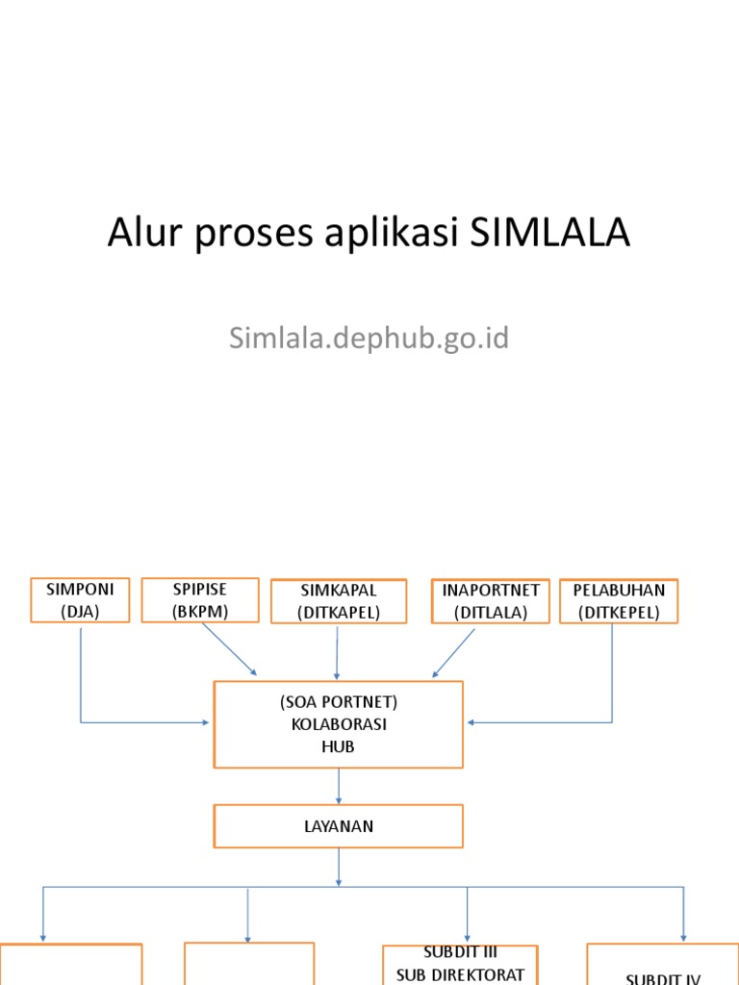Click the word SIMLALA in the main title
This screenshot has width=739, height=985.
point(550,234)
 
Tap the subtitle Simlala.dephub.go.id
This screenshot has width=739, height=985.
point(369,339)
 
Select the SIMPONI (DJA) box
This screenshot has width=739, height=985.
point(80,600)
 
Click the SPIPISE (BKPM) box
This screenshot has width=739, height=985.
point(200,599)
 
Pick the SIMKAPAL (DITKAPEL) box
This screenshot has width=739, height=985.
point(339,601)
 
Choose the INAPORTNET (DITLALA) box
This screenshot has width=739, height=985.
point(491,601)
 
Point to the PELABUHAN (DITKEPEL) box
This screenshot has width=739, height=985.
point(619,601)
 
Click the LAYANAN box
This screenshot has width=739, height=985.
point(338,826)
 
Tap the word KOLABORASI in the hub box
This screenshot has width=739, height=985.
point(339,724)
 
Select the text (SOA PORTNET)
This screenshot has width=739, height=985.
point(339,702)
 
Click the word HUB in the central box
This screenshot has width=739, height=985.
point(339,746)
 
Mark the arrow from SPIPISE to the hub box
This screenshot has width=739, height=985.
point(229,649)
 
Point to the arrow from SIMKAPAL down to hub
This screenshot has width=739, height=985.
point(337,654)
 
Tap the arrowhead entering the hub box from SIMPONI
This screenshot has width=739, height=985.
point(205,722)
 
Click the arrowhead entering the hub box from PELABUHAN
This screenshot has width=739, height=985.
point(472,722)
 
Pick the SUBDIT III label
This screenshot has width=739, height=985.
point(460,953)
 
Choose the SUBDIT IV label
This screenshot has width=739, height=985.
point(663,978)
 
